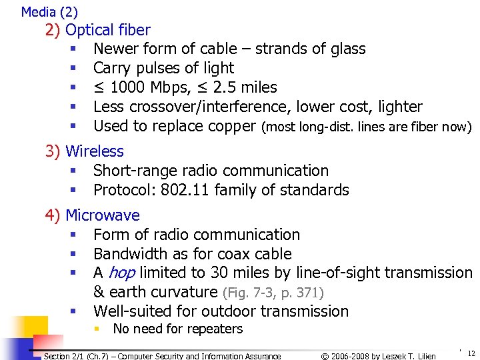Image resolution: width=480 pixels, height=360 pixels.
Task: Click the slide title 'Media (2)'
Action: [x=49, y=12]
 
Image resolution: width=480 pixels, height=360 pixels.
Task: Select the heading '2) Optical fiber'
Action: [x=97, y=30]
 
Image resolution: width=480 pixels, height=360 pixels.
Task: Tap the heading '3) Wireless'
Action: [x=84, y=151]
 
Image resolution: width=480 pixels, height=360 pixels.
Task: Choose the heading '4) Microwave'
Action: [x=92, y=215]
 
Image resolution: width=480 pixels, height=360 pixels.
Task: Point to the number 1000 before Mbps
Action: [x=129, y=87]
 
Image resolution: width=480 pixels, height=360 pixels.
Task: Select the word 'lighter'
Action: [x=398, y=107]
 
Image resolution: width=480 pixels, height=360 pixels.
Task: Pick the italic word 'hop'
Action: [x=121, y=273]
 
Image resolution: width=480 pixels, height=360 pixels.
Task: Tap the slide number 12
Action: [x=471, y=353]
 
